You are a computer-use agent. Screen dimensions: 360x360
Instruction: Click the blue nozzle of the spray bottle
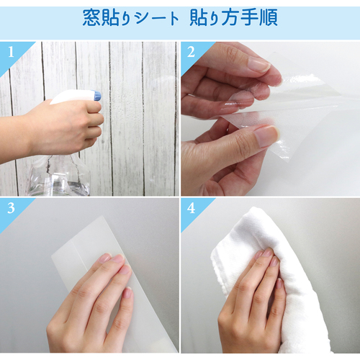point(97,96)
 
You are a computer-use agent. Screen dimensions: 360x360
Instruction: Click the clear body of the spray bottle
point(59,174)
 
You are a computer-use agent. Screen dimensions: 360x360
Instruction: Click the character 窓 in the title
point(91,17)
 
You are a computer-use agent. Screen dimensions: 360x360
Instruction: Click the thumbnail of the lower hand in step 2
point(266,136)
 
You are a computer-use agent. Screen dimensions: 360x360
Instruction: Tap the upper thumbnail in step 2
point(258,63)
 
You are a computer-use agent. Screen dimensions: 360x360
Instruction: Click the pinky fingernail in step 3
point(127,293)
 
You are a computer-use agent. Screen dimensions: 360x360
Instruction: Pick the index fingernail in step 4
point(267,253)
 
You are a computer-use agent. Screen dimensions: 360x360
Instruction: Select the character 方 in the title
point(230,17)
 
